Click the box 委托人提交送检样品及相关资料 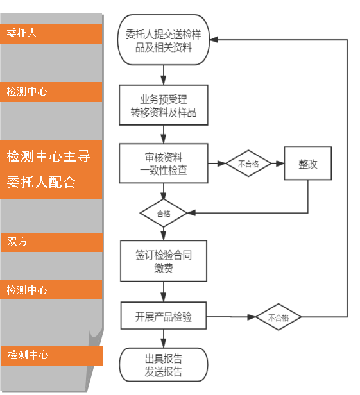click(164, 40)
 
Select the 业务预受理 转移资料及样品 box click(164, 106)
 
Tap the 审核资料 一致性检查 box click(164, 163)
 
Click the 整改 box click(308, 163)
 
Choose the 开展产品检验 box click(164, 317)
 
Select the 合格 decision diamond click(164, 213)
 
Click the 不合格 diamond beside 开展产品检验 click(279, 317)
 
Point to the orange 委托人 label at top click(51, 34)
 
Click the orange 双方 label click(51, 242)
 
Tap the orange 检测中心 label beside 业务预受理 click(51, 92)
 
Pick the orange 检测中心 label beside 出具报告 click(51, 355)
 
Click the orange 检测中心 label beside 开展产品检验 click(51, 290)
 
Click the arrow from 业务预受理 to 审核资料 click(164, 134)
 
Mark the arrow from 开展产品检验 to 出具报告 click(164, 339)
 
